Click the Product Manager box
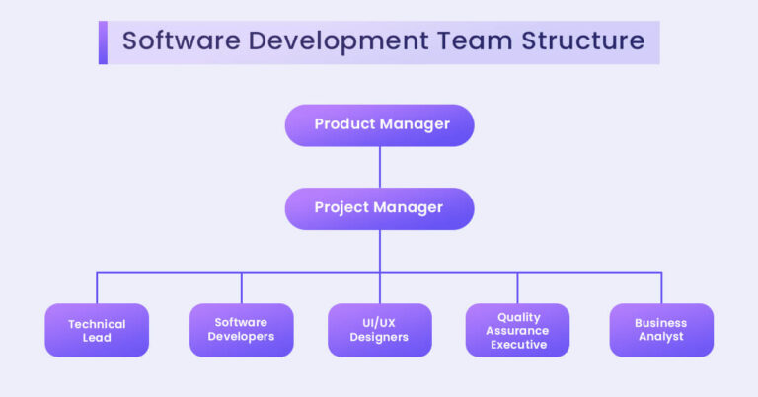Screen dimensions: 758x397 pyautogui.click(x=379, y=125)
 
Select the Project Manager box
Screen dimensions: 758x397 pyautogui.click(x=379, y=208)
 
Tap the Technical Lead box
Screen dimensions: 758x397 pyautogui.click(x=97, y=330)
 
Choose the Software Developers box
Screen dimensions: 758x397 pyautogui.click(x=241, y=330)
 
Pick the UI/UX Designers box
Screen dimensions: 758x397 pyautogui.click(x=379, y=330)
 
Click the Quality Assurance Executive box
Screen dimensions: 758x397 pyautogui.click(x=517, y=330)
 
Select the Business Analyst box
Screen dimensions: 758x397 pyautogui.click(x=661, y=330)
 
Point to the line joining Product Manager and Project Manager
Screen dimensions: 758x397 pyautogui.click(x=379, y=167)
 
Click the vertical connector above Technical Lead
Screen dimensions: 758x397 pyautogui.click(x=97, y=287)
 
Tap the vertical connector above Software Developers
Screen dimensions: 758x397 pyautogui.click(x=241, y=287)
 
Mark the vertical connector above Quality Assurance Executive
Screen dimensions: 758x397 pyautogui.click(x=517, y=287)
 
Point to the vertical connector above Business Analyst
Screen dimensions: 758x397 pyautogui.click(x=661, y=287)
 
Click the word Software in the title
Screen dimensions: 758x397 pyautogui.click(x=182, y=40)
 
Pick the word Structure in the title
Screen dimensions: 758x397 pyautogui.click(x=583, y=40)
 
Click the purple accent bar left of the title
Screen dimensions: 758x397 pyautogui.click(x=103, y=42)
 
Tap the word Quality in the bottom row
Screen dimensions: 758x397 pyautogui.click(x=519, y=318)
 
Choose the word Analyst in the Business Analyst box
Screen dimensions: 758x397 pyautogui.click(x=661, y=337)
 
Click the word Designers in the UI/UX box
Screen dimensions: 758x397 pyautogui.click(x=379, y=337)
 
